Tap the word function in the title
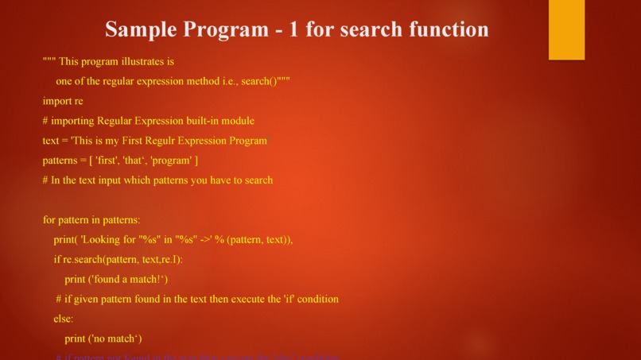pos(449,29)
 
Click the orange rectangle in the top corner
pos(566,29)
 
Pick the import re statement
pos(63,101)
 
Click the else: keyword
pos(64,319)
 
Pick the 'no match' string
pos(116,339)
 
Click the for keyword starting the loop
pos(49,220)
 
